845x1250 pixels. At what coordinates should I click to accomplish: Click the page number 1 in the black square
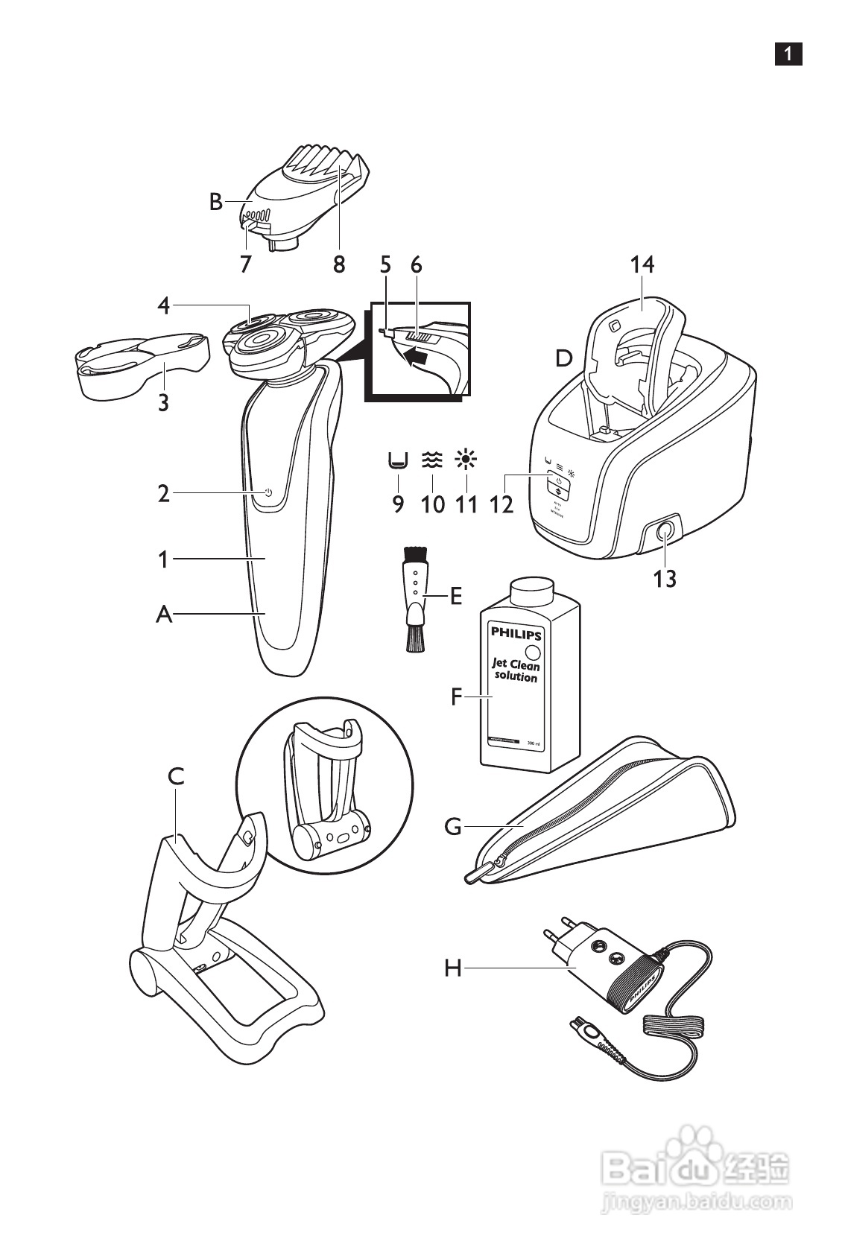788,54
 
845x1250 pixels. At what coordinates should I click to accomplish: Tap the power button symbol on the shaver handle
268,493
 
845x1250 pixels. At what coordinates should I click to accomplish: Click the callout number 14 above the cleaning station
642,264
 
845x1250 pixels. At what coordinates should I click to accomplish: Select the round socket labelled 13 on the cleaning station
664,532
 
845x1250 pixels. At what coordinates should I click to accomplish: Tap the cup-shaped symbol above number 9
398,462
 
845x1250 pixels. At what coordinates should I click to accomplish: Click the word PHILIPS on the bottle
516,635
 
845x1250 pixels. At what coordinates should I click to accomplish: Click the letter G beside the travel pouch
453,827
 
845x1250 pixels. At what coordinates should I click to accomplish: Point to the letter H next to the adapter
454,968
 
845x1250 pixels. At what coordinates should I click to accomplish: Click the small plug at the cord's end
589,1033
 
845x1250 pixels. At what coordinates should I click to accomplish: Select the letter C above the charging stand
176,777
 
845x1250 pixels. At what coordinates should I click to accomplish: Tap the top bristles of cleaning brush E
415,554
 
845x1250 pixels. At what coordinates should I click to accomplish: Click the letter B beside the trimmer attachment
216,202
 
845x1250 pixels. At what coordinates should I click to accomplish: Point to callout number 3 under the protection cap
162,403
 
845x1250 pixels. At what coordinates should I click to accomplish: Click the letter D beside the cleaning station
564,359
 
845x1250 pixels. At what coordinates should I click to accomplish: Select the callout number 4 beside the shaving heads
164,305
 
